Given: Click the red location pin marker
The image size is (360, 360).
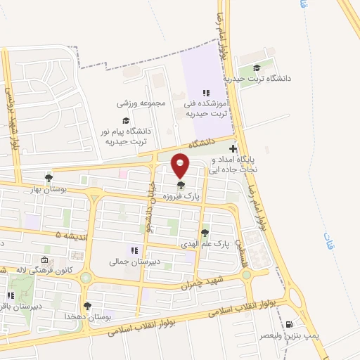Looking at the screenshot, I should click(181, 165).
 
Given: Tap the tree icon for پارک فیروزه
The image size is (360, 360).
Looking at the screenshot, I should click(181, 186).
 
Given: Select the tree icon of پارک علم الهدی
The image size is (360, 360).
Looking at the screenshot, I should click(205, 233).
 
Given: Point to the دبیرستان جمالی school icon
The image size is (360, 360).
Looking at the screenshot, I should click(134, 251).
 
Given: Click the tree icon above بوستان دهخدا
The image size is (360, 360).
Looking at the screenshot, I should click(87, 306).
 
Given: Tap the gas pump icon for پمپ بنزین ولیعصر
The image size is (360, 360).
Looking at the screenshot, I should click(290, 324).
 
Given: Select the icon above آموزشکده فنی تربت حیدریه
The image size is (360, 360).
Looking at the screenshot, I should click(205, 93).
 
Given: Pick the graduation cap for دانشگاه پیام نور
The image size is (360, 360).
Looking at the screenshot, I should click(126, 120).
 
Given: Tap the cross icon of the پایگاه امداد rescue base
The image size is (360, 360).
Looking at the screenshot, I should click(233, 149).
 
